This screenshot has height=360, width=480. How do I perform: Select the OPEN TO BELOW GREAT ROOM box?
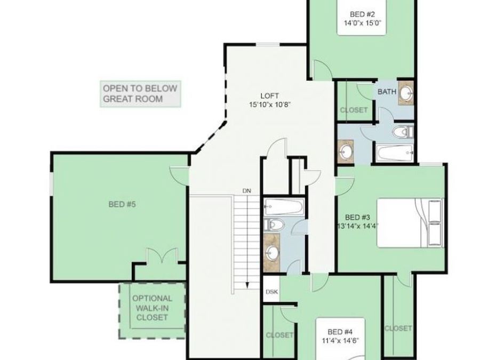pos(140,94)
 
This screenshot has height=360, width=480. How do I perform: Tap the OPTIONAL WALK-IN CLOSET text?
pos(152,308)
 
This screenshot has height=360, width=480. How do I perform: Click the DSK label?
pos(271,292)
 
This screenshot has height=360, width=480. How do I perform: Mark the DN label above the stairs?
pos(246,191)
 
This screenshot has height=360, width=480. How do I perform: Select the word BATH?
pos(387,92)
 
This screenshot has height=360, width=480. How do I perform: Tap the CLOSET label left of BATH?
pos(354,110)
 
